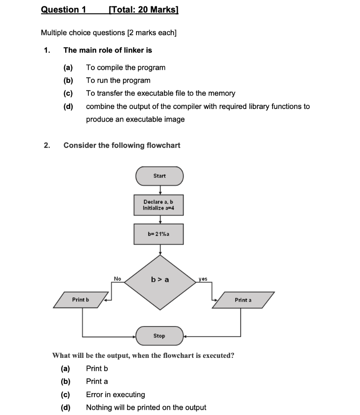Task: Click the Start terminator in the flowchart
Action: (x=159, y=176)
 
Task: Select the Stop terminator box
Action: (x=159, y=336)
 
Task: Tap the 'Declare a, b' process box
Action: (x=158, y=205)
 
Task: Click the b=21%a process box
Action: (x=158, y=234)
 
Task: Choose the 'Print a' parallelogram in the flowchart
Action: (x=243, y=300)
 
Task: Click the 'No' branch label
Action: (x=117, y=279)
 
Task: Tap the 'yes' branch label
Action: (x=203, y=279)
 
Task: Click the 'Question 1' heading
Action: (x=64, y=9)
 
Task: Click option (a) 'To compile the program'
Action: (x=126, y=67)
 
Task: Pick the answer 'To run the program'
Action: (x=118, y=80)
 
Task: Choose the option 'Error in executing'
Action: (x=115, y=394)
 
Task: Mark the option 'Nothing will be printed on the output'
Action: (x=146, y=407)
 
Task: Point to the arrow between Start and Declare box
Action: (x=160, y=190)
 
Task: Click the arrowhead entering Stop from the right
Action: (x=186, y=336)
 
